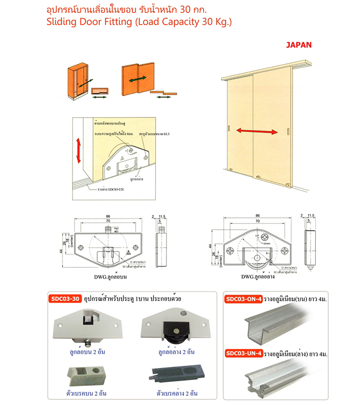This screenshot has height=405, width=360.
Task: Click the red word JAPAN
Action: tap(299, 45)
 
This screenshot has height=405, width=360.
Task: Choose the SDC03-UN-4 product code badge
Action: tap(244, 353)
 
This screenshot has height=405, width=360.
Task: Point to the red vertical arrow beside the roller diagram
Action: tap(79, 150)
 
